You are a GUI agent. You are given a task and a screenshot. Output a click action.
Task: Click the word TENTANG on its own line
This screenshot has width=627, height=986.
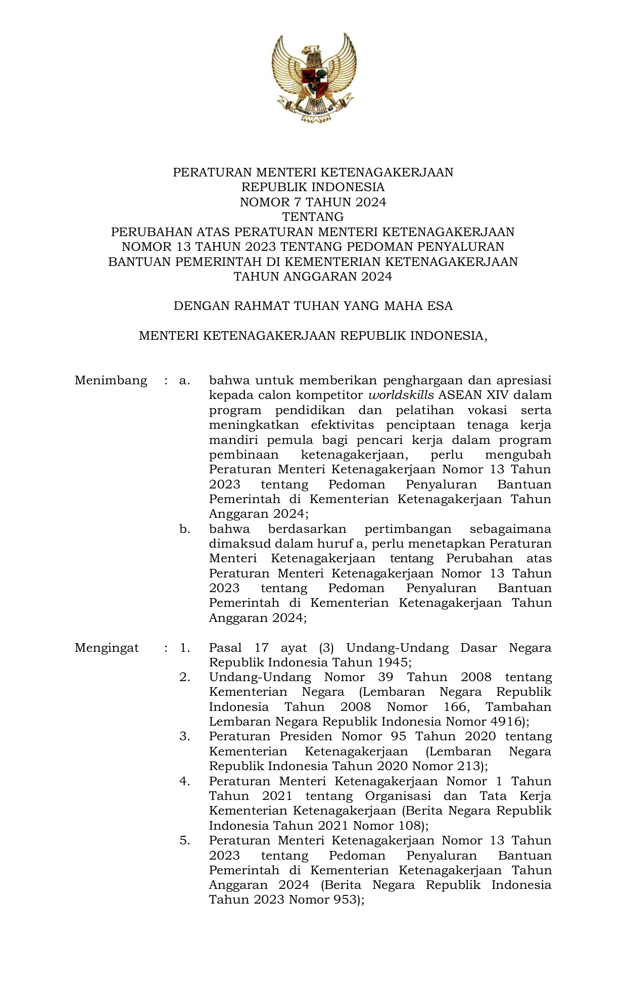313,217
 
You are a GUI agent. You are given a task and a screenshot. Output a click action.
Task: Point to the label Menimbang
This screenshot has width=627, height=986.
111,380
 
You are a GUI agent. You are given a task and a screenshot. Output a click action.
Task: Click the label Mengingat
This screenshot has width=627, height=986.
107,648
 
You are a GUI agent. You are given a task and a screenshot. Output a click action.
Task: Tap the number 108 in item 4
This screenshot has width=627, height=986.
409,826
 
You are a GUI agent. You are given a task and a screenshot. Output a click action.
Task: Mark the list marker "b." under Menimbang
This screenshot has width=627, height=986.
185,529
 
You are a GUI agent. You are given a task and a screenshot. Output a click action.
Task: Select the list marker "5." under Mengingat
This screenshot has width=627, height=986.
185,840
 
